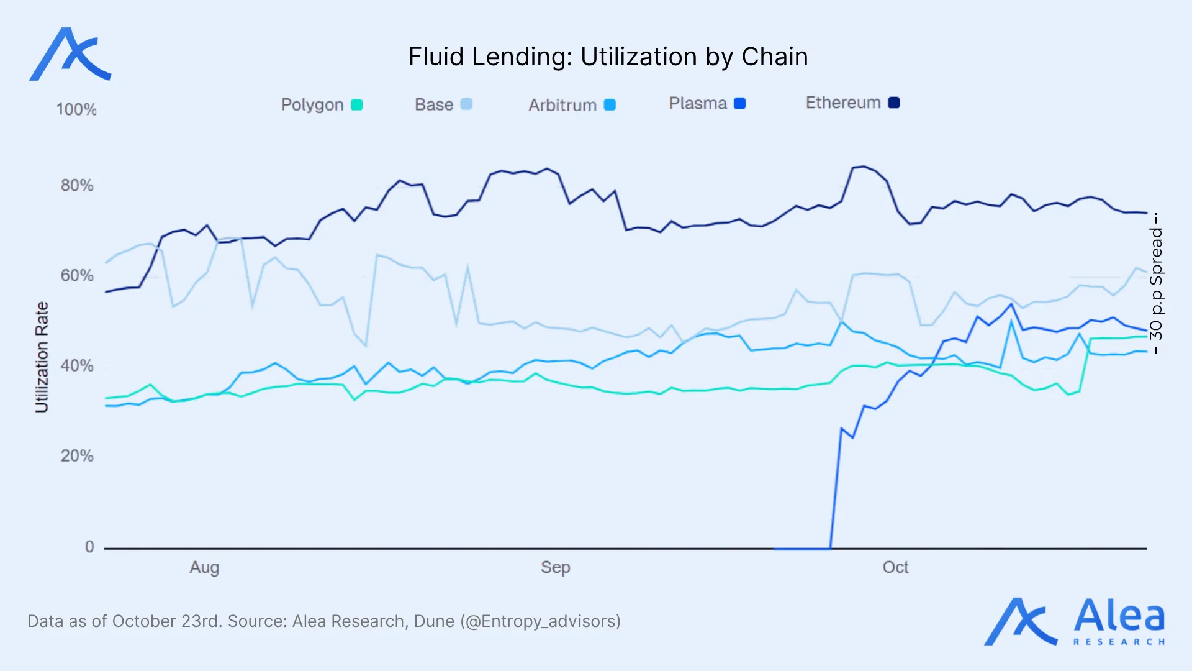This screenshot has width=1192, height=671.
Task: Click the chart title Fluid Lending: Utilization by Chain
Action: (608, 57)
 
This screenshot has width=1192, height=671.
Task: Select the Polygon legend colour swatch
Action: (357, 104)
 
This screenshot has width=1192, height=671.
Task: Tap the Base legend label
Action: (433, 104)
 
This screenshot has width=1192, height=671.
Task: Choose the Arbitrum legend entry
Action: (571, 105)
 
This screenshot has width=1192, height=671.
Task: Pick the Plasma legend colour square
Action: (739, 103)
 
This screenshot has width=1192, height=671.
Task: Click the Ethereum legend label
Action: (842, 103)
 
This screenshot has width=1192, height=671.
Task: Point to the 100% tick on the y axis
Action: (76, 110)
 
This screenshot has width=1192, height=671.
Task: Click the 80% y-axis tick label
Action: (77, 185)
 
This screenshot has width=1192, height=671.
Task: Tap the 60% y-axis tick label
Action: (77, 275)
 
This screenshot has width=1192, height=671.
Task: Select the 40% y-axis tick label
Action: (77, 365)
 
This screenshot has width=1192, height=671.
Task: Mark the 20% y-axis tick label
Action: (77, 455)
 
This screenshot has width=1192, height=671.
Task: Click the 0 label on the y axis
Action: (89, 547)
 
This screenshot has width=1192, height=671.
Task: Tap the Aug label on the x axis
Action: (204, 567)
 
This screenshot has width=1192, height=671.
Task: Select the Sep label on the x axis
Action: (555, 567)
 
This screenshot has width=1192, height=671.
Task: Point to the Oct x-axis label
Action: (895, 567)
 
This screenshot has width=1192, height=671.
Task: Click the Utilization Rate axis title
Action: (42, 357)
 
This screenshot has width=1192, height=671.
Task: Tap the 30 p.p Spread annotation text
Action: (1156, 283)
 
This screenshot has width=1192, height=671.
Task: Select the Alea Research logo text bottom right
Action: (1119, 621)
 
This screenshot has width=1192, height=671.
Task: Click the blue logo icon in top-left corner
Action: (70, 55)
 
